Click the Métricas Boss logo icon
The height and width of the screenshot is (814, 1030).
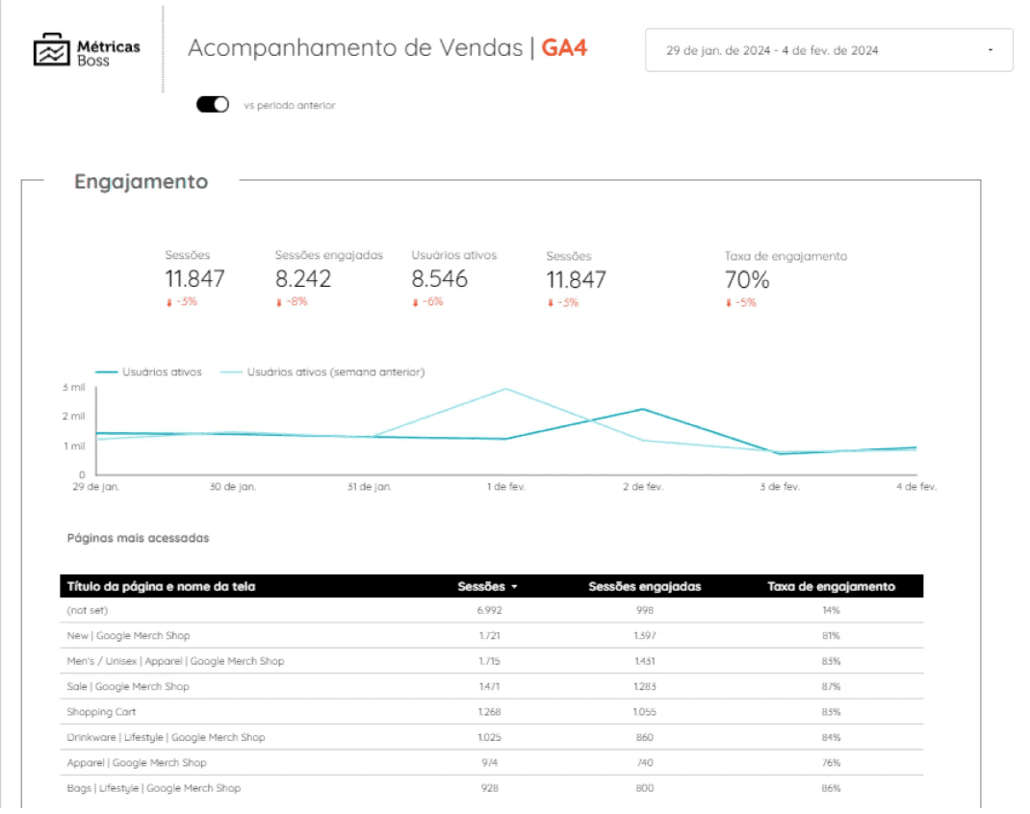point(51,50)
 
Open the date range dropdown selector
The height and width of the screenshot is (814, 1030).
point(829,50)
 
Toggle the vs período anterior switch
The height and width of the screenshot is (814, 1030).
point(213,105)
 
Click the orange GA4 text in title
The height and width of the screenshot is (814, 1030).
point(564,47)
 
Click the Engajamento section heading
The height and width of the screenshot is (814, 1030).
point(142,182)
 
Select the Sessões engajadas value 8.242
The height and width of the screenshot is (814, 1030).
point(303,279)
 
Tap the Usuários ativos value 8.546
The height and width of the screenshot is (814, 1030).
point(440,279)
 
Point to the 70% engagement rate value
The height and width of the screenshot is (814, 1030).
point(747,280)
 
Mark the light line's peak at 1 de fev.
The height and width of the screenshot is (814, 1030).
point(506,389)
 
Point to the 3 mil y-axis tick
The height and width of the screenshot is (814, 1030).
point(74,387)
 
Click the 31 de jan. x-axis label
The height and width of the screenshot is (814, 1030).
point(370,487)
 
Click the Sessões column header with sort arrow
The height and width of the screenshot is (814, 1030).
point(487,586)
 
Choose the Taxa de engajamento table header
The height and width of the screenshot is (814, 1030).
point(831,586)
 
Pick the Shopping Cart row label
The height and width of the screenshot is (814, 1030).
point(101,712)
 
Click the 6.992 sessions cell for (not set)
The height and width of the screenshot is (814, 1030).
point(489,610)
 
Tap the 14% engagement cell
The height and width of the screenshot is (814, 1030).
point(831,610)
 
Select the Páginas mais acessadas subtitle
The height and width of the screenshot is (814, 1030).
point(138,538)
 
